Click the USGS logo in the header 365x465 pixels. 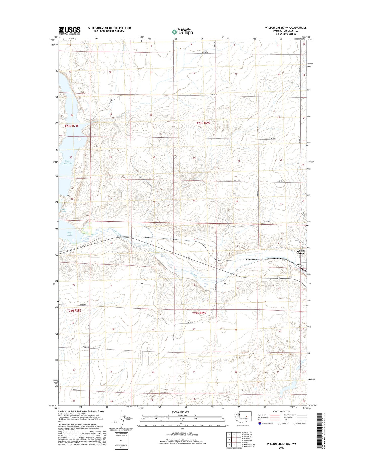pos(69,31)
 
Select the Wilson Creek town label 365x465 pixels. pos(301,252)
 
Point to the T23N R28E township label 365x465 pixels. pos(73,126)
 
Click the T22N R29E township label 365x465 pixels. pos(199,313)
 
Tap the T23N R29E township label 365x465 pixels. pos(203,123)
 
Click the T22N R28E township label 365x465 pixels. pos(74,310)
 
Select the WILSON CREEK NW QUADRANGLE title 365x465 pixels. pos(286,28)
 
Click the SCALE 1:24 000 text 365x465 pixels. pos(180,412)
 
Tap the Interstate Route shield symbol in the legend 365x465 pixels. pos(260,423)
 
